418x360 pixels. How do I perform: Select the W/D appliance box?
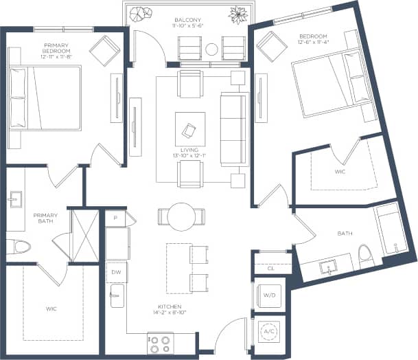(270, 296)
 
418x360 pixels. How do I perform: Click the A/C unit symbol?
(270, 330)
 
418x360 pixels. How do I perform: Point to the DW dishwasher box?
(115, 271)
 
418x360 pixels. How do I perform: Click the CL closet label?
(270, 268)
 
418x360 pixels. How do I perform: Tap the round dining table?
(182, 216)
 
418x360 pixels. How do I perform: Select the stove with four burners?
(162, 340)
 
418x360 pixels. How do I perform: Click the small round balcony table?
(211, 49)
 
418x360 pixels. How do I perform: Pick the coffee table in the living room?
(189, 128)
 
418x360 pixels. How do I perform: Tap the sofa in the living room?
(234, 128)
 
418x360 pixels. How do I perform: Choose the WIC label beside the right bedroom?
(340, 172)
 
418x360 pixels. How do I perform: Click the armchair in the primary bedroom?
(106, 50)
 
